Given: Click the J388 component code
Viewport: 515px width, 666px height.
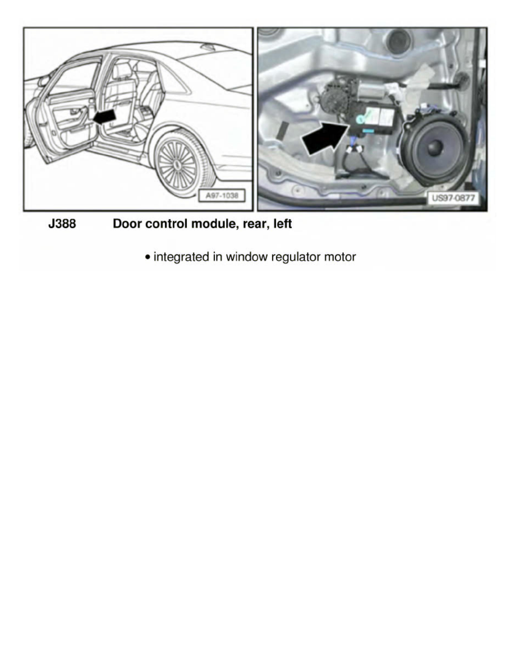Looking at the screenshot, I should [62, 224].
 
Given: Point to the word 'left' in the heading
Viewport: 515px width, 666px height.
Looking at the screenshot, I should [282, 224].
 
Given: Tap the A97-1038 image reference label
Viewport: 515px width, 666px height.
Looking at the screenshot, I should [222, 197].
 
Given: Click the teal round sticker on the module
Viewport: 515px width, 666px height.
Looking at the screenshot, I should [362, 118].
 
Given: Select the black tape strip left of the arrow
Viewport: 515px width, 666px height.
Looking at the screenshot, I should [282, 129].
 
